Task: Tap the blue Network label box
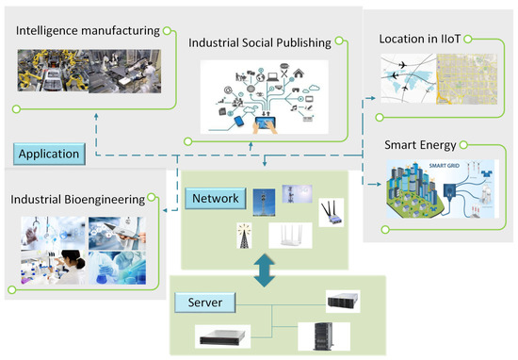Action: point(218,198)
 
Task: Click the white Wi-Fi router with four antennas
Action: point(288,234)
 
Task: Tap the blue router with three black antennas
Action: point(332,210)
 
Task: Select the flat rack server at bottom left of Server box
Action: point(225,335)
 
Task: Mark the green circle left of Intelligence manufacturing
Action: point(8,31)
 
